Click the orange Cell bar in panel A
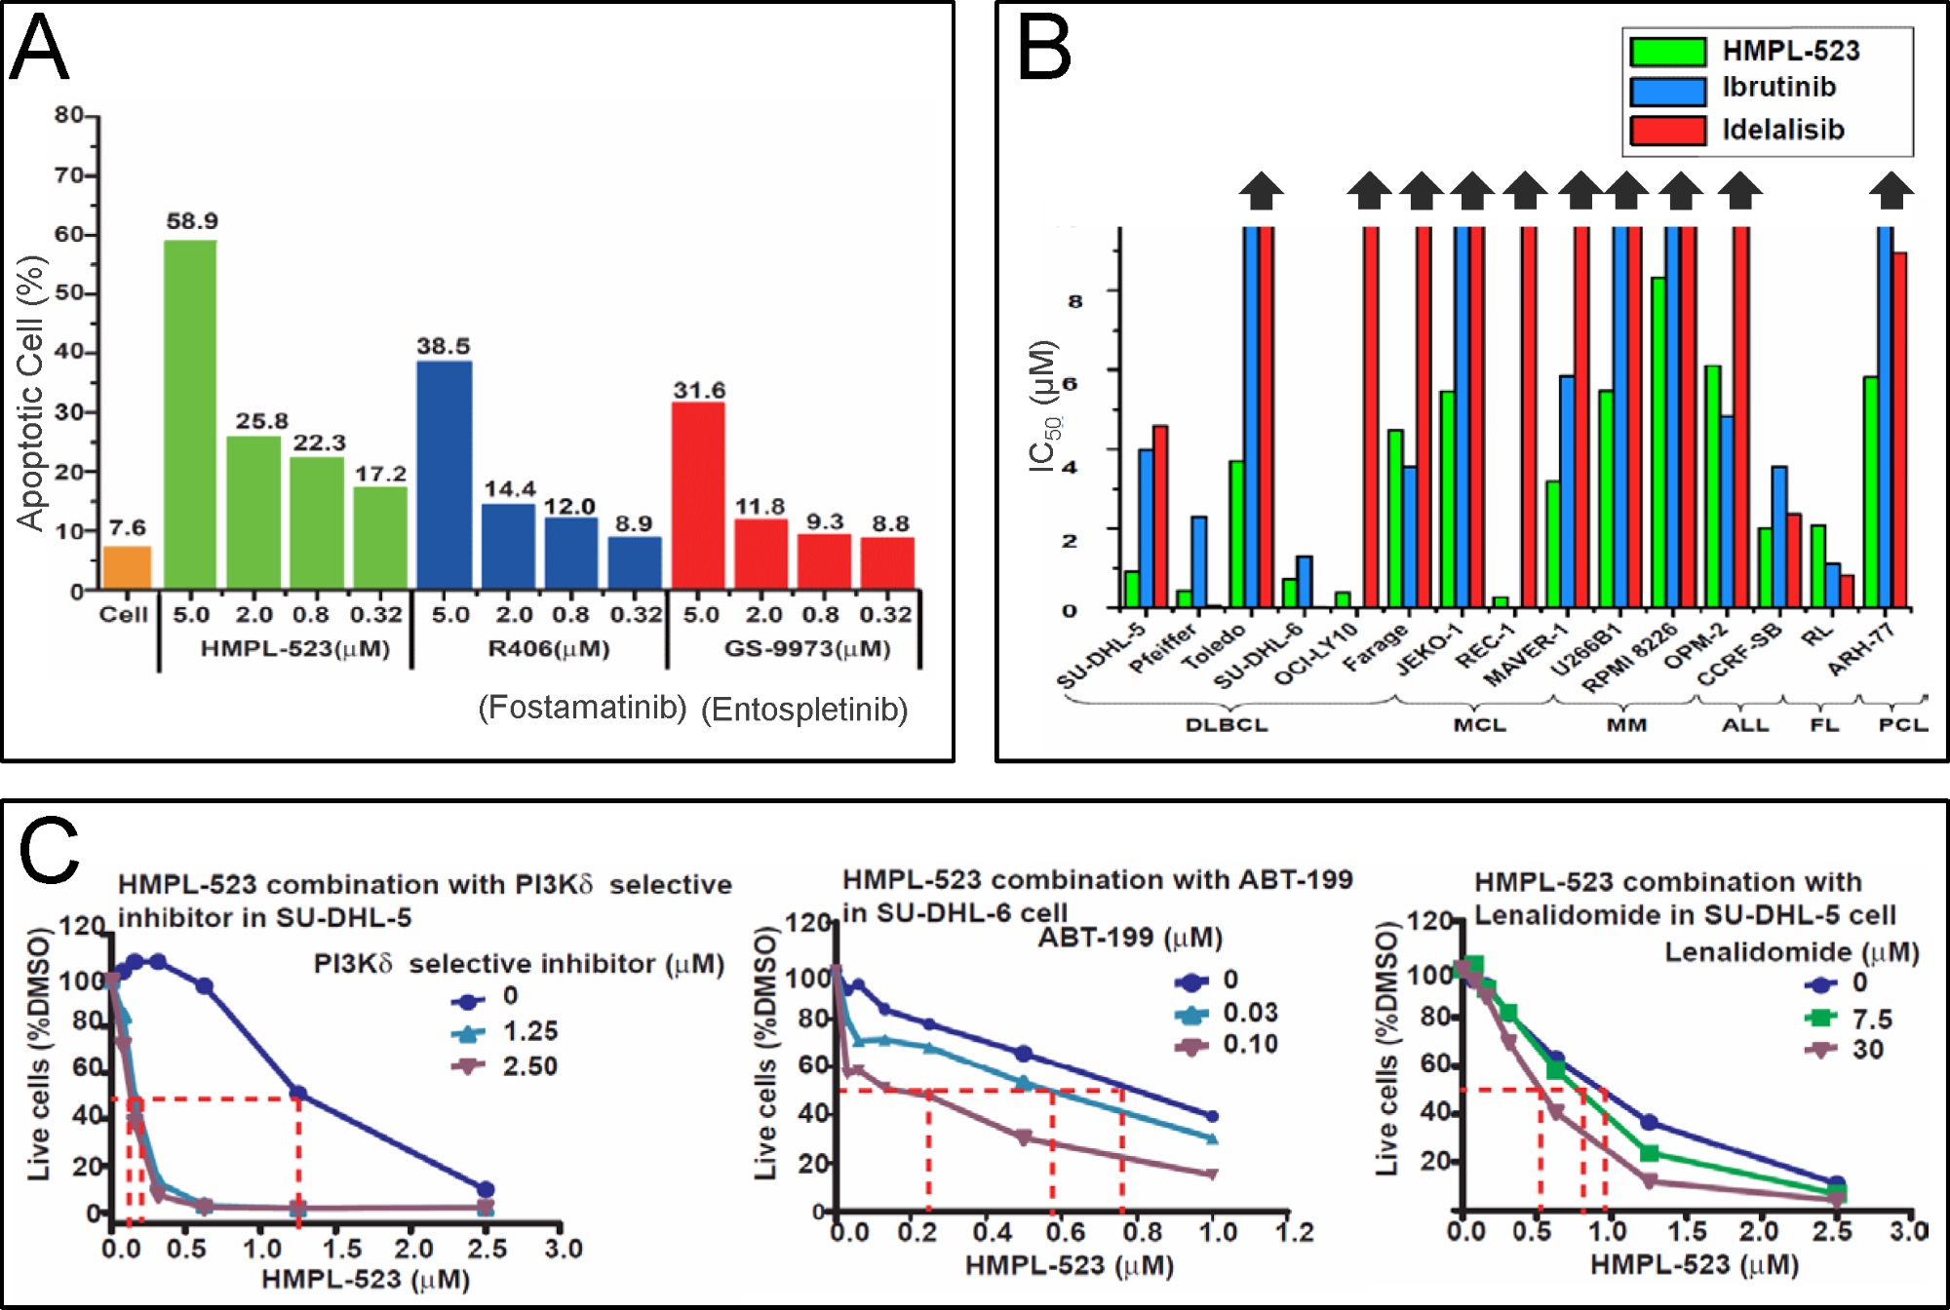point(128,567)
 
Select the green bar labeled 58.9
point(190,414)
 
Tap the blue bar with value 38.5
point(444,475)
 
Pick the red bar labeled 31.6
point(698,495)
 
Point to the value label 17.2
point(380,474)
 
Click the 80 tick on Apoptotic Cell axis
point(69,115)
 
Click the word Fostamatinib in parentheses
point(582,708)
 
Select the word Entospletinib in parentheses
point(804,710)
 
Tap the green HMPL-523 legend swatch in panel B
point(1668,52)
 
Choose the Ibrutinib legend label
point(1779,88)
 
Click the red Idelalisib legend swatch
point(1668,131)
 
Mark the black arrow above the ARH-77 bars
point(1891,190)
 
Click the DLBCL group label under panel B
point(1226,725)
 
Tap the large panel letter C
point(49,850)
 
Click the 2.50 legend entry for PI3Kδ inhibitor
point(529,1066)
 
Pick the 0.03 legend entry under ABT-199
point(1250,1013)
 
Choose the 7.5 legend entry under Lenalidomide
point(1872,1020)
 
